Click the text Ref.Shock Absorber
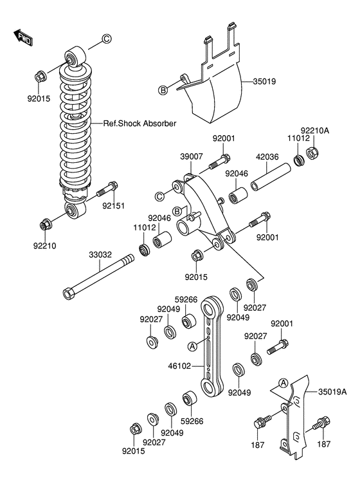coord(140,124)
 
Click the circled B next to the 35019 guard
coord(163,91)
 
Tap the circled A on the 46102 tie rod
coord(192,346)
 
